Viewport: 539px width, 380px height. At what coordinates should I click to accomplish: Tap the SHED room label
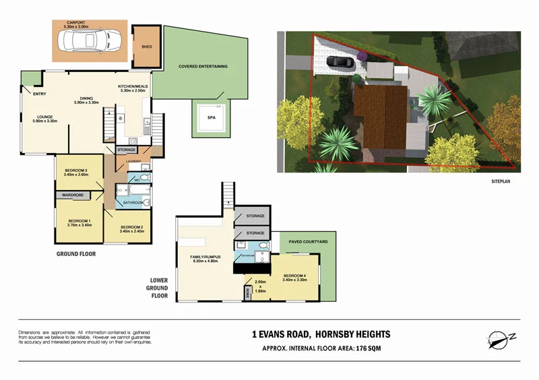(146, 47)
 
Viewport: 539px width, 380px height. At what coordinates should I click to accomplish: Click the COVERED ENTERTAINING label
(203, 66)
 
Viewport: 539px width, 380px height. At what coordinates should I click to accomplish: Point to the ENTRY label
(39, 94)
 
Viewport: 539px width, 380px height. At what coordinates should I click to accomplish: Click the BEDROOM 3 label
(76, 172)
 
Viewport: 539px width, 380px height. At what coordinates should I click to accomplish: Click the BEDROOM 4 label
(294, 276)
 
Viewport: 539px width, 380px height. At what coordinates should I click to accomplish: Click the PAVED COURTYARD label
(308, 241)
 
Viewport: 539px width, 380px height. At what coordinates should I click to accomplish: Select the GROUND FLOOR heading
(75, 255)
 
